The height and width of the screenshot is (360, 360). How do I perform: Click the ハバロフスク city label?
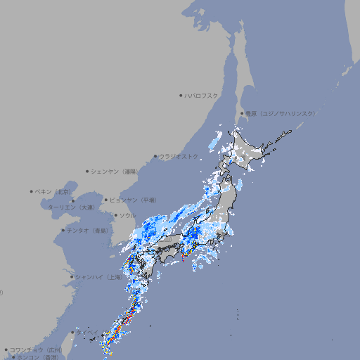(x=202, y=95)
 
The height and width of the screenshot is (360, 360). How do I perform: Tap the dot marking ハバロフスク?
(x=181, y=95)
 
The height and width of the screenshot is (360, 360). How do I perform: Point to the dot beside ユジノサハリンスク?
(x=242, y=113)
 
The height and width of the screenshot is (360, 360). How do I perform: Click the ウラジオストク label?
(x=179, y=156)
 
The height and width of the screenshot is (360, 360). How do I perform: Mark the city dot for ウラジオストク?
(x=155, y=157)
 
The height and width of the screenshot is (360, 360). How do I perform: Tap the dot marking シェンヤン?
(x=87, y=171)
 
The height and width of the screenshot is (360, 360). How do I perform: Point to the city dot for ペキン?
(x=32, y=191)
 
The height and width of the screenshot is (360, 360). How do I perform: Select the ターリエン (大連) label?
(x=70, y=207)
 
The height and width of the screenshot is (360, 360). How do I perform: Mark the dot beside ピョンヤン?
(x=107, y=200)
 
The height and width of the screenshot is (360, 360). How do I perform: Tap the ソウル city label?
(x=127, y=215)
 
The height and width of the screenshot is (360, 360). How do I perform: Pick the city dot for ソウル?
(x=115, y=215)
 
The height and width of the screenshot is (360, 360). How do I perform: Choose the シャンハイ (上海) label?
(x=99, y=277)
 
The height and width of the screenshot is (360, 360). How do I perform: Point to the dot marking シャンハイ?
(x=72, y=277)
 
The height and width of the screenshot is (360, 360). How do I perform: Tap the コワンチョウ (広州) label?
(x=36, y=349)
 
